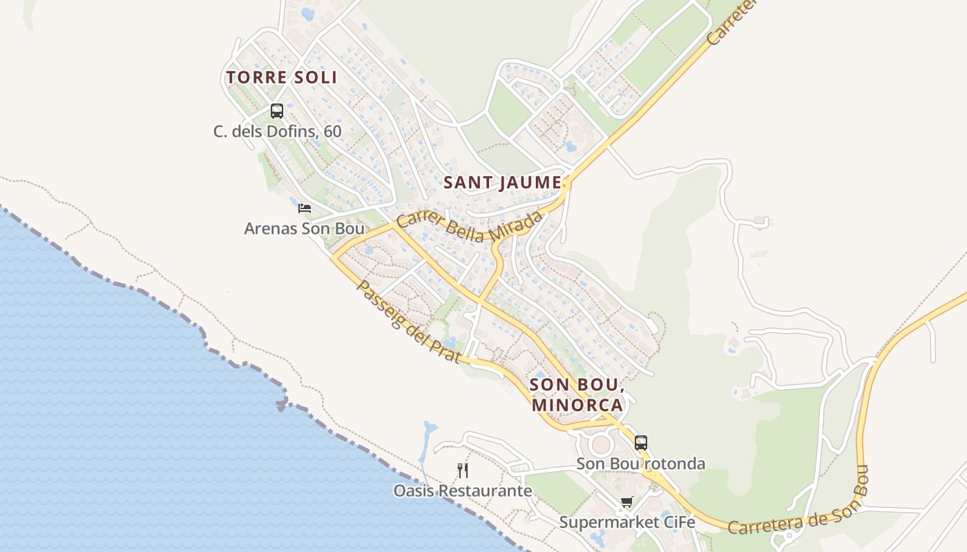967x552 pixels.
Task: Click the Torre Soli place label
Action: pyautogui.click(x=282, y=77)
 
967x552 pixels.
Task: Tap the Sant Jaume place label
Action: pyautogui.click(x=502, y=183)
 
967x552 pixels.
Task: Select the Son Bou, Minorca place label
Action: pyautogui.click(x=577, y=394)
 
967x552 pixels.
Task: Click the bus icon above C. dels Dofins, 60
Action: pyautogui.click(x=277, y=110)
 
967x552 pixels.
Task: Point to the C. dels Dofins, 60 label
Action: pyautogui.click(x=277, y=131)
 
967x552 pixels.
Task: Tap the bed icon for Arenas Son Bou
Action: pyautogui.click(x=305, y=208)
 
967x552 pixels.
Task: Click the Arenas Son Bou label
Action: pyautogui.click(x=304, y=228)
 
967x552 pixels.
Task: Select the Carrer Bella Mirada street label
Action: pyautogui.click(x=470, y=226)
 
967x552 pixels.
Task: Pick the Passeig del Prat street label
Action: pyautogui.click(x=408, y=320)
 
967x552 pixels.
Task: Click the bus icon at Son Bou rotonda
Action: pyautogui.click(x=641, y=443)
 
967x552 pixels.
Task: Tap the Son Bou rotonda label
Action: pyautogui.click(x=641, y=464)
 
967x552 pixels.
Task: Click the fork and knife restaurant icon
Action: pyautogui.click(x=463, y=471)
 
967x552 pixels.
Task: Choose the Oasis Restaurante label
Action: pyautogui.click(x=463, y=491)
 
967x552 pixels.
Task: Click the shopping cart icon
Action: pyautogui.click(x=626, y=502)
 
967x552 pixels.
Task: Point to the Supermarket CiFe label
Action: pyautogui.click(x=626, y=522)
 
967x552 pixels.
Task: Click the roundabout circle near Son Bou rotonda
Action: pyautogui.click(x=601, y=444)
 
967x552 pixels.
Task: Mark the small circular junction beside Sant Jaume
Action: pyautogui.click(x=566, y=184)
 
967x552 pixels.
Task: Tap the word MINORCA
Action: pyautogui.click(x=577, y=405)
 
